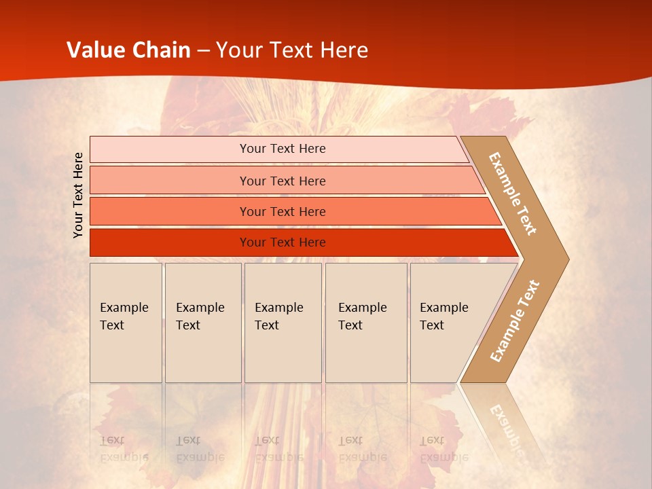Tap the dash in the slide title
[x=204, y=51]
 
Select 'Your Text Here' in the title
[x=292, y=50]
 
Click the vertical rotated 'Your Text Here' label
[x=78, y=195]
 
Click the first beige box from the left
[x=126, y=323]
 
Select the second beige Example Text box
[x=203, y=323]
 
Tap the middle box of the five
[x=283, y=323]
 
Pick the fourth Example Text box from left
[x=366, y=323]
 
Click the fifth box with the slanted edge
[x=448, y=323]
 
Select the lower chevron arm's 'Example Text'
[x=515, y=321]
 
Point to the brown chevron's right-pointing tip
[x=565, y=259]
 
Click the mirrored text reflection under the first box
[x=124, y=448]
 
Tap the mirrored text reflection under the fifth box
[x=443, y=448]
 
